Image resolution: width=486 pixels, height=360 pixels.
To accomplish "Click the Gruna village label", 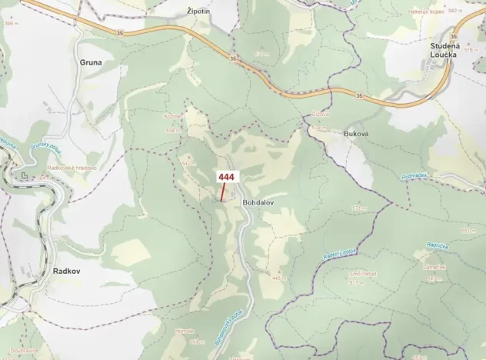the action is (92, 62).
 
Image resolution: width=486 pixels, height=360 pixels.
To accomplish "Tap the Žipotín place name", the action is (198, 12).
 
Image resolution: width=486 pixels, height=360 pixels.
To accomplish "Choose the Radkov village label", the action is (67, 271).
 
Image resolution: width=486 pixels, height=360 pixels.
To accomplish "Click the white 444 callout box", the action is (226, 177).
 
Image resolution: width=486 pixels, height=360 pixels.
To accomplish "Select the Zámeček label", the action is (434, 268).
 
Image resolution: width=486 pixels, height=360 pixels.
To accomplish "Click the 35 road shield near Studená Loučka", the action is (454, 37).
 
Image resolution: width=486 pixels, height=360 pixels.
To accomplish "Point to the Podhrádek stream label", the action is (413, 176).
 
